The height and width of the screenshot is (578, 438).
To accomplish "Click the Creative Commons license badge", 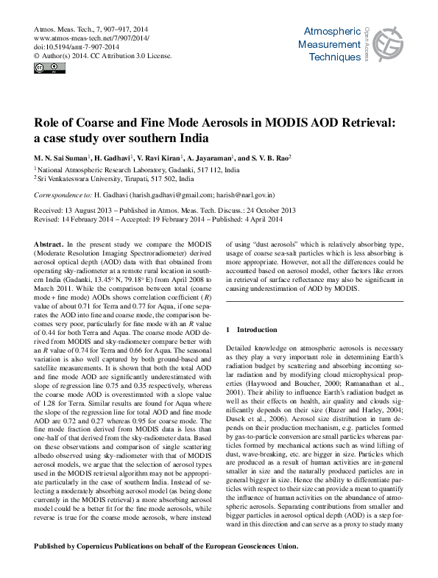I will (x=45, y=68).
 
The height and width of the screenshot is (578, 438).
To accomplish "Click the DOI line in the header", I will (x=72, y=46).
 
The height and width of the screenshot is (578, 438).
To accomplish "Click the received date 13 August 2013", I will (x=93, y=211).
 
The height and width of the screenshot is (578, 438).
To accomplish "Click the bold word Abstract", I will (x=49, y=243).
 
